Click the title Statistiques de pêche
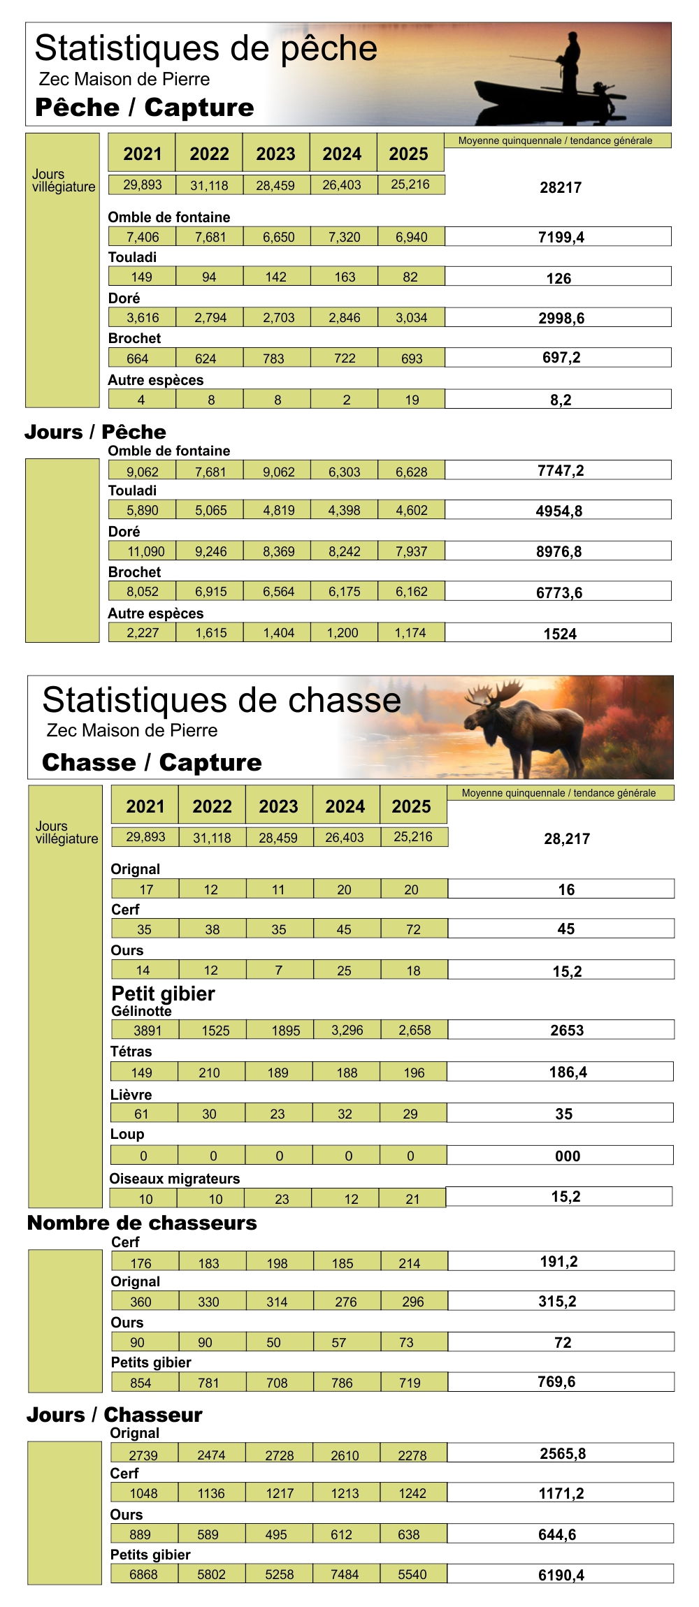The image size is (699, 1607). [x=206, y=48]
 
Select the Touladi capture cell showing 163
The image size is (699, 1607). [x=345, y=277]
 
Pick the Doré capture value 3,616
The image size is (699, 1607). [x=143, y=318]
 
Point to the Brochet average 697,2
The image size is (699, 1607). [x=561, y=358]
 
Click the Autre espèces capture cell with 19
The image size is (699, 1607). [x=412, y=400]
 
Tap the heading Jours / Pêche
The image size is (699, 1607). [x=96, y=432]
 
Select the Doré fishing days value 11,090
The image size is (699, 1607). [x=145, y=551]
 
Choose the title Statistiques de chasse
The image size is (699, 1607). [x=222, y=700]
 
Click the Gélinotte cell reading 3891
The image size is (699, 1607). [x=147, y=1031]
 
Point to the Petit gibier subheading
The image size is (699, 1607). [x=163, y=993]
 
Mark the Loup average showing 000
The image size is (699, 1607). [x=567, y=1156]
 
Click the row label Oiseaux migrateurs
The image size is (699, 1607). [x=174, y=1179]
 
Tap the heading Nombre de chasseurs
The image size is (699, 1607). [x=142, y=1223]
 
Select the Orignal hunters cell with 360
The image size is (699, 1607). [x=140, y=1302]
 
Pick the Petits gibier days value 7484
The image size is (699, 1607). [x=345, y=1574]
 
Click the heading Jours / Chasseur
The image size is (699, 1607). [x=115, y=1415]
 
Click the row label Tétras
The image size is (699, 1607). [x=131, y=1052]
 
